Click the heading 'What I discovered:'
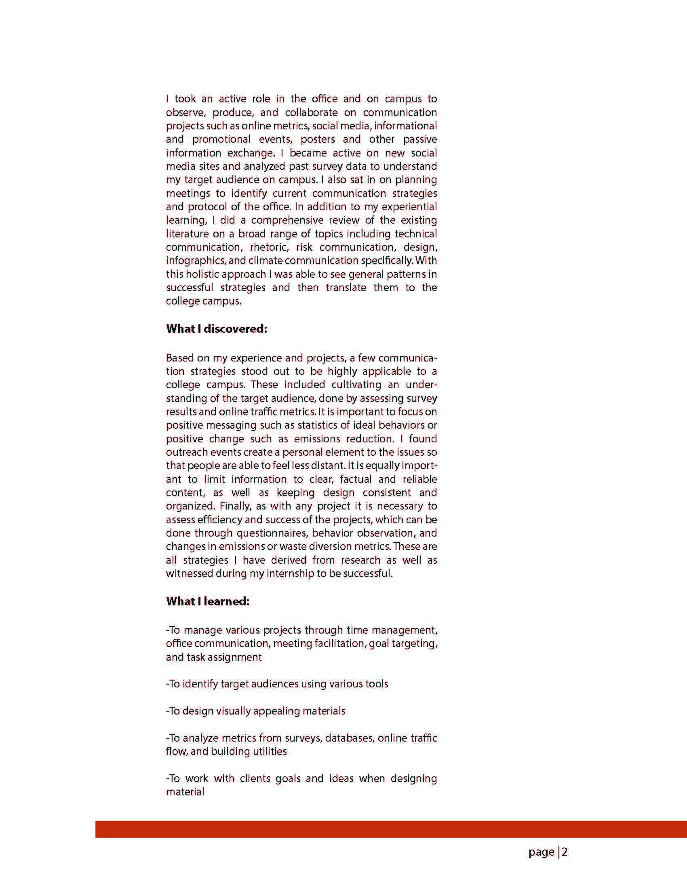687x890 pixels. click(x=216, y=329)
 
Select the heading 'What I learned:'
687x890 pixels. click(x=207, y=601)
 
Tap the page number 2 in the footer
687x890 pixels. click(x=565, y=852)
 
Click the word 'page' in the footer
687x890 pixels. click(x=541, y=852)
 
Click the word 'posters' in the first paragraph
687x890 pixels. click(x=316, y=140)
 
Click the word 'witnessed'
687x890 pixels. click(x=189, y=574)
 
